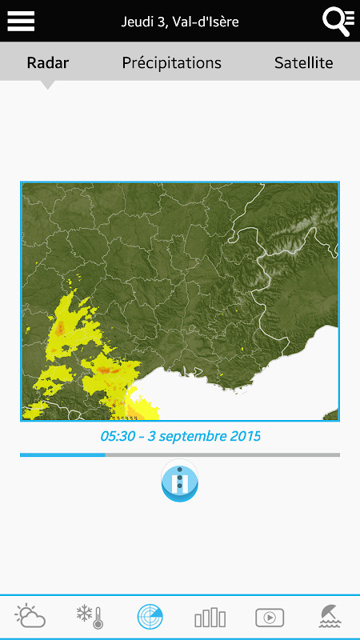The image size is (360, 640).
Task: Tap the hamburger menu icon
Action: [x=21, y=21]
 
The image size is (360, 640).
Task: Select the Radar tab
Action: [x=48, y=62]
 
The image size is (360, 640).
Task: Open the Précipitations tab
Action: [x=171, y=62]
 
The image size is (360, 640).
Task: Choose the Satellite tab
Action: [x=303, y=62]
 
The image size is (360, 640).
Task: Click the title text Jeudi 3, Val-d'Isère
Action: [x=180, y=22]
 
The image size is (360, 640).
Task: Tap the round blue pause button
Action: [x=180, y=482]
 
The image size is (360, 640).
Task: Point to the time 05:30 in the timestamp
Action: [x=117, y=437]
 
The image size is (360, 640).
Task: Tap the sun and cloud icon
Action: [x=31, y=617]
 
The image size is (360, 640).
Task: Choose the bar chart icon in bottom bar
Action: [x=210, y=617]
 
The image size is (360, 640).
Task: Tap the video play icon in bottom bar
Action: [x=270, y=617]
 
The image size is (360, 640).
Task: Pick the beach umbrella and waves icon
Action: [x=329, y=617]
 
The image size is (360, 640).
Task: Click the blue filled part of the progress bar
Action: [x=62, y=455]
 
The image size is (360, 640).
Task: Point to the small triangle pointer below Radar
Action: [x=48, y=84]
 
